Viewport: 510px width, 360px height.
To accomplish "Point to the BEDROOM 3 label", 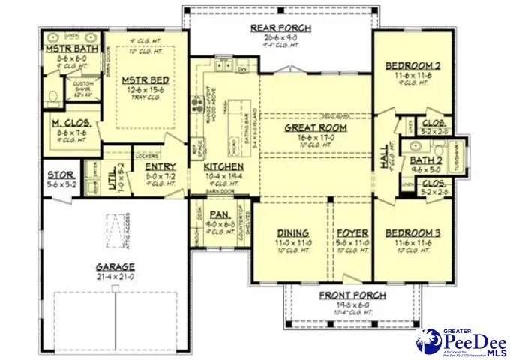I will tap(413, 233).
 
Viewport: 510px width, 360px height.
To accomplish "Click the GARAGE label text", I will tap(115, 266).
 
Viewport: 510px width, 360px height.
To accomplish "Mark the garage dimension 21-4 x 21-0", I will tap(115, 276).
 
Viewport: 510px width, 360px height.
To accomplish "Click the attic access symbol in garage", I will tap(115, 225).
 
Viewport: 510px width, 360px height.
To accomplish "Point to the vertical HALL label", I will tap(385, 156).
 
